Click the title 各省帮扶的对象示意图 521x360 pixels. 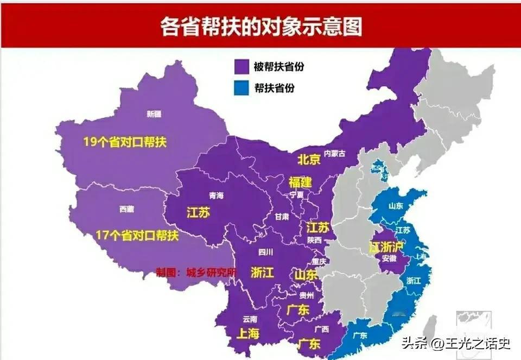click(260, 26)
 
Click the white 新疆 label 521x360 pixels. click(154, 114)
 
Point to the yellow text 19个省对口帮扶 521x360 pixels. click(124, 142)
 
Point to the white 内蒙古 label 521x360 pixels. click(335, 154)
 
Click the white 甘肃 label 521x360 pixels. click(282, 216)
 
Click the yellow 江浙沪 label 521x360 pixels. click(387, 247)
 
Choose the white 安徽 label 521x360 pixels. click(389, 258)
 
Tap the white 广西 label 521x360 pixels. click(322, 329)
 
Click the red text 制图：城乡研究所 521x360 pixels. click(196, 271)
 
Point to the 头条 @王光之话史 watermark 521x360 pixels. click(456, 343)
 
